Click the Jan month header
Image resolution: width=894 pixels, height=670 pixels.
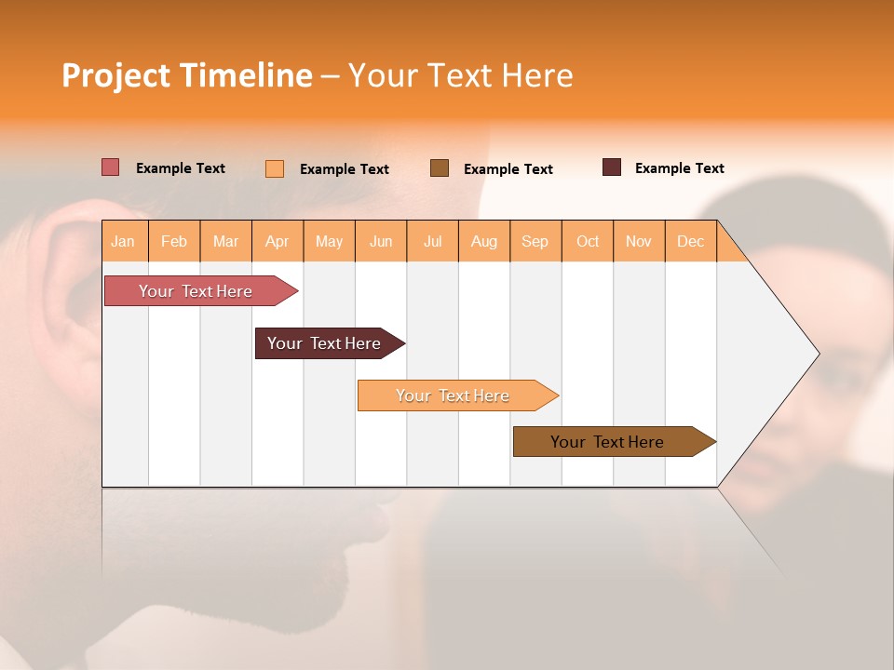[x=123, y=241]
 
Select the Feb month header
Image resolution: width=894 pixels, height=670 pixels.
[x=174, y=241]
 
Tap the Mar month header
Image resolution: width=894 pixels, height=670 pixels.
[x=225, y=241]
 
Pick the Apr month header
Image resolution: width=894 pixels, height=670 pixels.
[x=278, y=241]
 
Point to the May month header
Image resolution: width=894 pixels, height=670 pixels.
[x=329, y=241]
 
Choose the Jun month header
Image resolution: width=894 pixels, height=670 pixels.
[x=381, y=241]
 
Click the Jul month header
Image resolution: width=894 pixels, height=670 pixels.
[x=432, y=241]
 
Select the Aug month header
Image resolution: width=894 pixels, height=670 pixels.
[x=484, y=241]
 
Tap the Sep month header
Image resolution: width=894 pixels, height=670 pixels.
[x=535, y=241]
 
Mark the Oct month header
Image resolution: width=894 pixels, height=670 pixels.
[x=588, y=241]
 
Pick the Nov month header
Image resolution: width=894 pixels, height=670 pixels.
[x=639, y=241]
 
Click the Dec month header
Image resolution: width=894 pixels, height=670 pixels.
[x=691, y=241]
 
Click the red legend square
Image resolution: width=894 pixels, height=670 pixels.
[x=111, y=167]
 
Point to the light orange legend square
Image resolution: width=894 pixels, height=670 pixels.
[x=275, y=168]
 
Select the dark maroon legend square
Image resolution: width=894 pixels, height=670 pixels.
[x=612, y=167]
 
